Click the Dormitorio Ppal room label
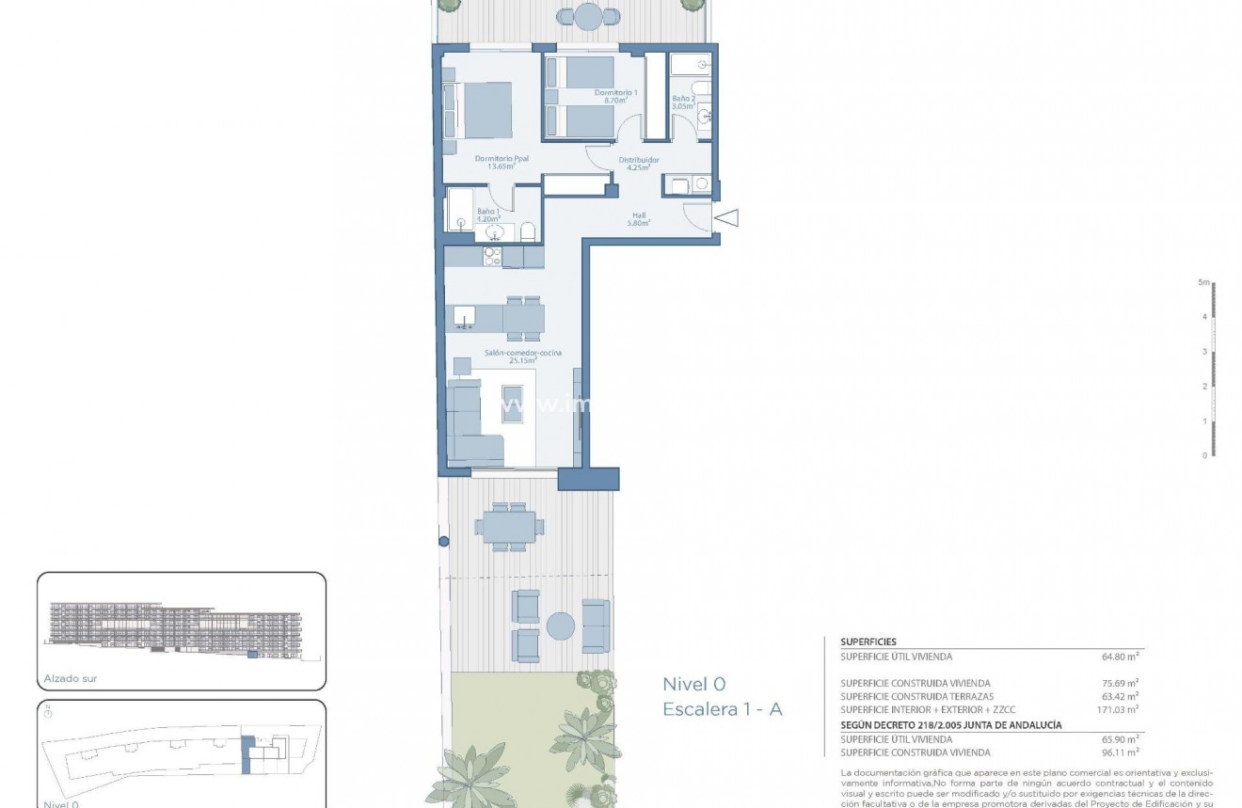coord(502,163)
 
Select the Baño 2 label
coord(683,103)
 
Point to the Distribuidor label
coord(638,164)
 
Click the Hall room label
coord(640,219)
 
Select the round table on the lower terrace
coord(561,626)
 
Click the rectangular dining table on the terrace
coord(509,525)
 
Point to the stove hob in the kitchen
coord(492,255)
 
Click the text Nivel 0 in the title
coord(693,684)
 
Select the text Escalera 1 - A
coord(722,709)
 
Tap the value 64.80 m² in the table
coord(1120,657)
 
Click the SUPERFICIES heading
coord(868,642)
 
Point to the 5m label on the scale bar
coord(1202,282)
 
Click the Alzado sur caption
coord(71,678)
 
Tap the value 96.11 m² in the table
coord(1120,752)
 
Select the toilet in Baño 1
coord(528,231)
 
